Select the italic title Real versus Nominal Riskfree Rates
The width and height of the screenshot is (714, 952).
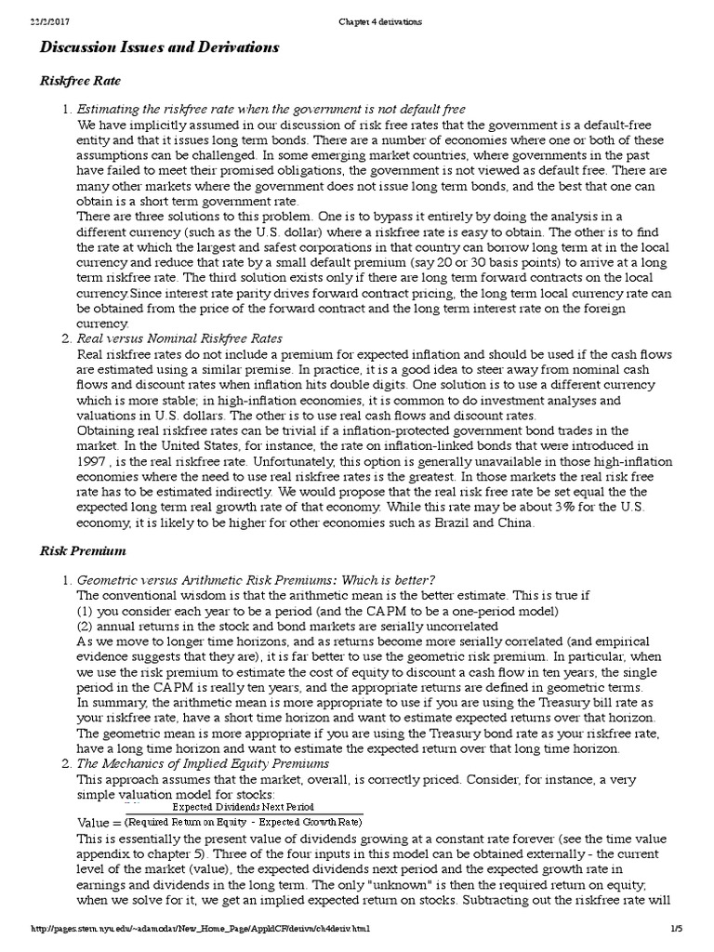click(179, 337)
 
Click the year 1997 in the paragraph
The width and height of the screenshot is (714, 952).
click(92, 463)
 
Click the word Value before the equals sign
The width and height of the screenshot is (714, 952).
click(94, 823)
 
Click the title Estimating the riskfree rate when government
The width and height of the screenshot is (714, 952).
click(271, 110)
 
